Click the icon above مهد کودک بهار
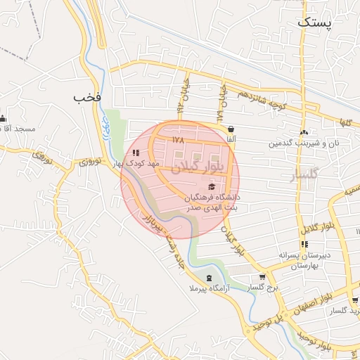pyautogui.click(x=136, y=152)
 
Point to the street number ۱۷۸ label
pyautogui.click(x=176, y=140)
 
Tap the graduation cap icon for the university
pyautogui.click(x=212, y=185)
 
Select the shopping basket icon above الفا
pyautogui.click(x=231, y=129)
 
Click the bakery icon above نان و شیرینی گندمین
pyautogui.click(x=304, y=132)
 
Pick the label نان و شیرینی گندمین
pyautogui.click(x=303, y=143)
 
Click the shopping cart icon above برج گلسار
pyautogui.click(x=262, y=276)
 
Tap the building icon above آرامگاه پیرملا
pyautogui.click(x=208, y=276)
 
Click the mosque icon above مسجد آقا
pyautogui.click(x=4, y=118)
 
